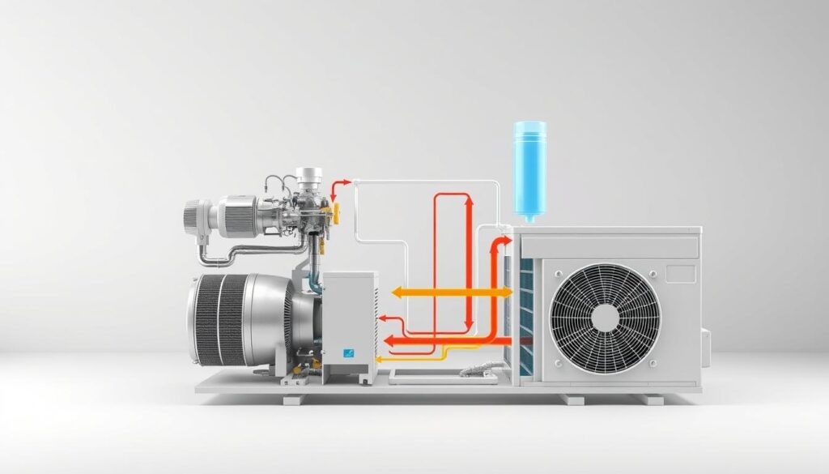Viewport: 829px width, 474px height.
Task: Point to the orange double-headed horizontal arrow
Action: pyautogui.click(x=449, y=293)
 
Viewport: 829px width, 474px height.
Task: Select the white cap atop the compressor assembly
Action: pyautogui.click(x=308, y=173)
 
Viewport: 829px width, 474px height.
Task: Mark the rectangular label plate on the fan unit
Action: pyautogui.click(x=681, y=273)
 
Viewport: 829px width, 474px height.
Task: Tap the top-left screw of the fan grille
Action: pyautogui.click(x=559, y=272)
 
